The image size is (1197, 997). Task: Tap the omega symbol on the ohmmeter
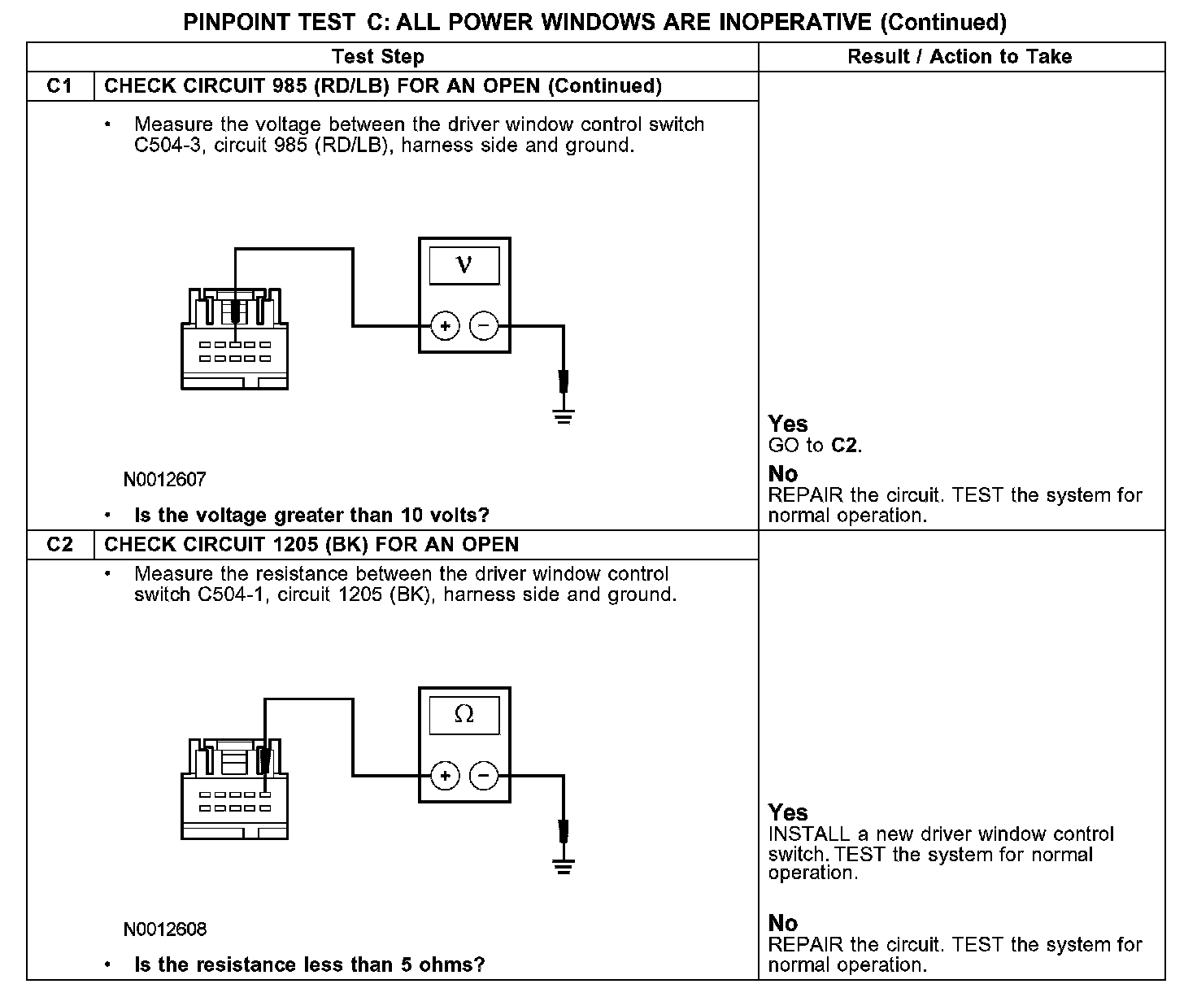point(464,714)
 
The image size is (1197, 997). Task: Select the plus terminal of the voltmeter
point(445,327)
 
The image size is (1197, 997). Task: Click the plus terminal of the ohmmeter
point(445,776)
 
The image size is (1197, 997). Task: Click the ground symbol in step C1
point(564,416)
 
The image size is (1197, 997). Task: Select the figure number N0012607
point(165,480)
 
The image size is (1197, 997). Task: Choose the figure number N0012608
point(165,929)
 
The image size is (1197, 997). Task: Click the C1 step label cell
point(60,86)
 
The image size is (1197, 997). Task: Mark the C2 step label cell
point(60,544)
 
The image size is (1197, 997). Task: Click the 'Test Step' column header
point(378,57)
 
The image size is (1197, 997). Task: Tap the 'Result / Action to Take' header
point(960,57)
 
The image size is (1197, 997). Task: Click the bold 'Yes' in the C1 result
point(788,424)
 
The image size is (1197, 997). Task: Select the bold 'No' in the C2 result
point(783,923)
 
